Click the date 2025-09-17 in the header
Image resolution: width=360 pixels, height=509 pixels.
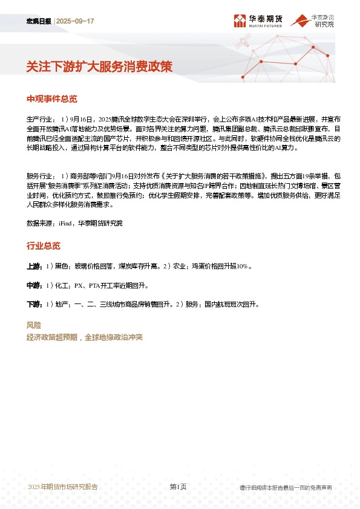(76, 21)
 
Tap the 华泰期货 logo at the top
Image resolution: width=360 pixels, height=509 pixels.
(258, 21)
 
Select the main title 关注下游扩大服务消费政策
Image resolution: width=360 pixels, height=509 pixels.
(99, 67)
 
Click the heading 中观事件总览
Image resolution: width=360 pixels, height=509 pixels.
(52, 99)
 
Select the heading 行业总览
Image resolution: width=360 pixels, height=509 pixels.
(44, 246)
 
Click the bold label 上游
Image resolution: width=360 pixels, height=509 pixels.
(34, 266)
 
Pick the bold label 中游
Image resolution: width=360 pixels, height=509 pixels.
(34, 285)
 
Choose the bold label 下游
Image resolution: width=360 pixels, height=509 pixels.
(34, 304)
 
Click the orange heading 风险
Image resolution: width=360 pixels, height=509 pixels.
(34, 325)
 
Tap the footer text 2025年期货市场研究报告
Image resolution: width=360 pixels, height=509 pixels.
(63, 487)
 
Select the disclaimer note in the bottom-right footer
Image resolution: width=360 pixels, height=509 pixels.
(286, 487)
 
